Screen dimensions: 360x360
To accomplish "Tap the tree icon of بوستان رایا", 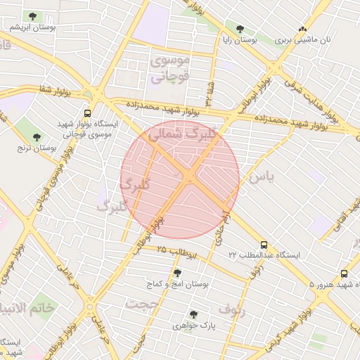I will point(240,29).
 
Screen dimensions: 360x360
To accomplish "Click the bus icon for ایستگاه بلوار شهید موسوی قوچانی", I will point(87,112).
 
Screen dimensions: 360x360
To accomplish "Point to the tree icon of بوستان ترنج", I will point(37,136).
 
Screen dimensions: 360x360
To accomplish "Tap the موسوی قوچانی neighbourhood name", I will point(169,69).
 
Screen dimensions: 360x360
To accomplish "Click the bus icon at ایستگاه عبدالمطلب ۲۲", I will point(264,244).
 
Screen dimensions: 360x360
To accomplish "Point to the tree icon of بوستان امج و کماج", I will point(176,272).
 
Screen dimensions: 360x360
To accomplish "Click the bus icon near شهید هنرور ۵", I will point(344,274).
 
